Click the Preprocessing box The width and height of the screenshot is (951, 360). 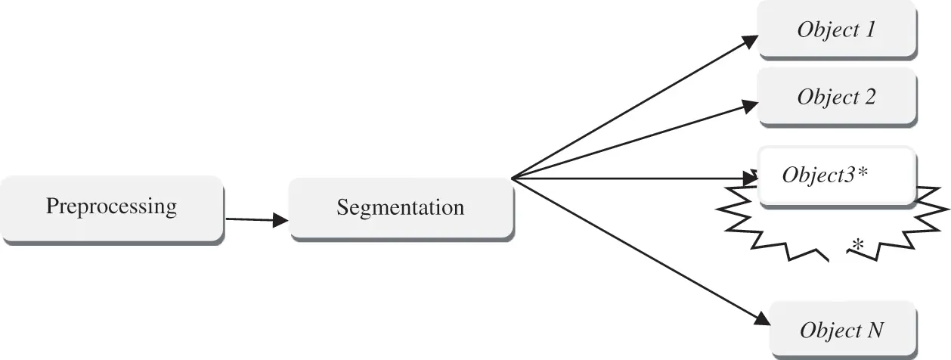112,209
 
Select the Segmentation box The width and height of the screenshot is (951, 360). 401,209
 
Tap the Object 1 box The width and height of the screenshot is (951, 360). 837,29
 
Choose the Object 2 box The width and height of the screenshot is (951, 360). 837,98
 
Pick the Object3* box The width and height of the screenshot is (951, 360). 837,177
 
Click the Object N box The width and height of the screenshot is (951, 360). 843,331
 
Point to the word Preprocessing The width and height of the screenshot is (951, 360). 111,206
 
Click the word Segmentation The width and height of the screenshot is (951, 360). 401,207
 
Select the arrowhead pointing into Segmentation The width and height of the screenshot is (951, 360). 280,220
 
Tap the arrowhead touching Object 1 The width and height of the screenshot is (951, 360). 750,42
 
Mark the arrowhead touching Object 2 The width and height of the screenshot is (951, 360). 750,106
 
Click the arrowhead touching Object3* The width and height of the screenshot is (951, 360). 751,178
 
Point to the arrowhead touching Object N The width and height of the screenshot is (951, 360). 762,318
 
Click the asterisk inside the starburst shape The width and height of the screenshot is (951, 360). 858,245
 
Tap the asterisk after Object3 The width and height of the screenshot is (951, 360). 862,172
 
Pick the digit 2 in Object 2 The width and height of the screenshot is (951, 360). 869,97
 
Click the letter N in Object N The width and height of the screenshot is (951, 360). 874,330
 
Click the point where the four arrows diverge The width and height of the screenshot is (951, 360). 512,178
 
